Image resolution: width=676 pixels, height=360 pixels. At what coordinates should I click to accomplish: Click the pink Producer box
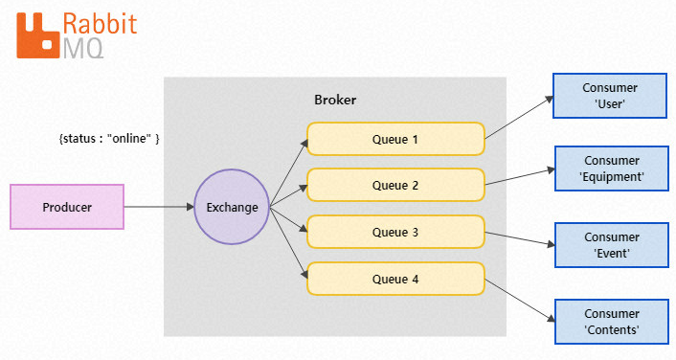tap(67, 207)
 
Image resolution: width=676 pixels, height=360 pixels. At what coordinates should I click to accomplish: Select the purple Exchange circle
tap(233, 207)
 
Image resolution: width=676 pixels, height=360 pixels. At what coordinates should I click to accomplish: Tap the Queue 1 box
tap(395, 139)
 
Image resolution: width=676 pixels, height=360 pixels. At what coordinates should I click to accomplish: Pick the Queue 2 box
tap(395, 185)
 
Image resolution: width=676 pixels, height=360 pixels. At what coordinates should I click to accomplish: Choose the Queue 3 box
tap(395, 232)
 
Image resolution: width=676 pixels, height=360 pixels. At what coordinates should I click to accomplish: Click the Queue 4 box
tap(395, 279)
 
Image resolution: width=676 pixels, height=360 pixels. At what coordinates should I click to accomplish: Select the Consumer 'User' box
tap(610, 96)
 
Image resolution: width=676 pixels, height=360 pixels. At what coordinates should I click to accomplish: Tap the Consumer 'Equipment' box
tap(610, 169)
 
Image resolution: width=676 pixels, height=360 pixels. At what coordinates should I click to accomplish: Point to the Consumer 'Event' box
tap(610, 245)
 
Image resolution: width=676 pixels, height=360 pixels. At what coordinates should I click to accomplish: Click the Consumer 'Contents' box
tap(610, 322)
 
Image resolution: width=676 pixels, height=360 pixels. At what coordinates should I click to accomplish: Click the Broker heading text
tap(335, 101)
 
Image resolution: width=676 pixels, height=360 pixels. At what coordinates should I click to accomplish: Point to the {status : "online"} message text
tap(109, 139)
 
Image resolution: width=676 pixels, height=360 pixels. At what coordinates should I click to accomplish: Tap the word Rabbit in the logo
tap(99, 23)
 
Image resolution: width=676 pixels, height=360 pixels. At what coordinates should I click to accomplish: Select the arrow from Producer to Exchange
tap(159, 207)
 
